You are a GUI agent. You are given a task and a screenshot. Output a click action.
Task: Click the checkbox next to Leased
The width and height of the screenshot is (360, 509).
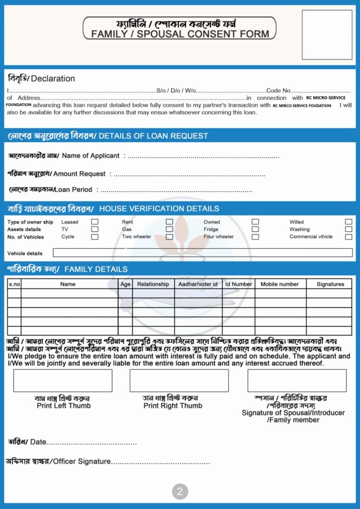click(94, 222)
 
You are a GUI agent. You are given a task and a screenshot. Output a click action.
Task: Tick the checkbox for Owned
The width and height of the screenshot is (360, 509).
click(255, 222)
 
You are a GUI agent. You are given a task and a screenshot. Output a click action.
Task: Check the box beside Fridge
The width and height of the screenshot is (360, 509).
click(255, 229)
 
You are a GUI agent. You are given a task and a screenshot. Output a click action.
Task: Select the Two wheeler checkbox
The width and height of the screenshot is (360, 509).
click(170, 237)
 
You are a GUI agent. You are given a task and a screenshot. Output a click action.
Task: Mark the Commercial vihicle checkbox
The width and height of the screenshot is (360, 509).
click(349, 237)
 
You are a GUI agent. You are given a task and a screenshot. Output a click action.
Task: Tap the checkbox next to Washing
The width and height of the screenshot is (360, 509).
click(349, 229)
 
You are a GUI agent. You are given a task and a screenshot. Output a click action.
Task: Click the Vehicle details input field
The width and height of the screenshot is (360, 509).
click(202, 253)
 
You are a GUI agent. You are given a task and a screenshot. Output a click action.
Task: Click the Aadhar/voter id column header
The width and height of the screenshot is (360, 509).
click(198, 284)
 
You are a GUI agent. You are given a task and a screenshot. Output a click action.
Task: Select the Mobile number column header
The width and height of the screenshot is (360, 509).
click(280, 284)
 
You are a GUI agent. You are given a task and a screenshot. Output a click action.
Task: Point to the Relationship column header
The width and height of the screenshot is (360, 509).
click(153, 284)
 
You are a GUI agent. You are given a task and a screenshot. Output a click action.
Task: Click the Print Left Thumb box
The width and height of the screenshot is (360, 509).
click(63, 380)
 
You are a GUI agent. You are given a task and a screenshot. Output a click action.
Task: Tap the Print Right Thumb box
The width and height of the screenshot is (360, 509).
click(179, 380)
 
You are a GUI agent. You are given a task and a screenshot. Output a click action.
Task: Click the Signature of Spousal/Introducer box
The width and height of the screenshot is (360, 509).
click(297, 380)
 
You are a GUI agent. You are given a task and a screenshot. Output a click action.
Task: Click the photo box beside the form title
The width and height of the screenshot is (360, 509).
click(327, 35)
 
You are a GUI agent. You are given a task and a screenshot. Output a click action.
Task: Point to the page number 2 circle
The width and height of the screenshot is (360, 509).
click(180, 492)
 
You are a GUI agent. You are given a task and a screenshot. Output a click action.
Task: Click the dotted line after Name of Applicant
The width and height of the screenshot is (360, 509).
click(203, 156)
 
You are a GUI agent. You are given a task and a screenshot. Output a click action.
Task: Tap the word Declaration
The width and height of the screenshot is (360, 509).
click(53, 79)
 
